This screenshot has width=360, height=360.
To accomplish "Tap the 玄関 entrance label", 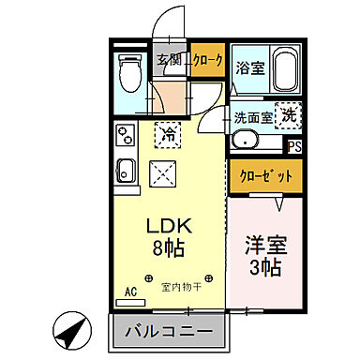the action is pyautogui.click(x=169, y=60).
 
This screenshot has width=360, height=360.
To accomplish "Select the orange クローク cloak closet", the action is pyautogui.click(x=207, y=60).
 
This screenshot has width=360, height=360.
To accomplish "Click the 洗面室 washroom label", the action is pyautogui.click(x=253, y=118).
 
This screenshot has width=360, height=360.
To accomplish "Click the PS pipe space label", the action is pyautogui.click(x=293, y=146).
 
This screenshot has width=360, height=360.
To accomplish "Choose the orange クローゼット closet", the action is pyautogui.click(x=265, y=175).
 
